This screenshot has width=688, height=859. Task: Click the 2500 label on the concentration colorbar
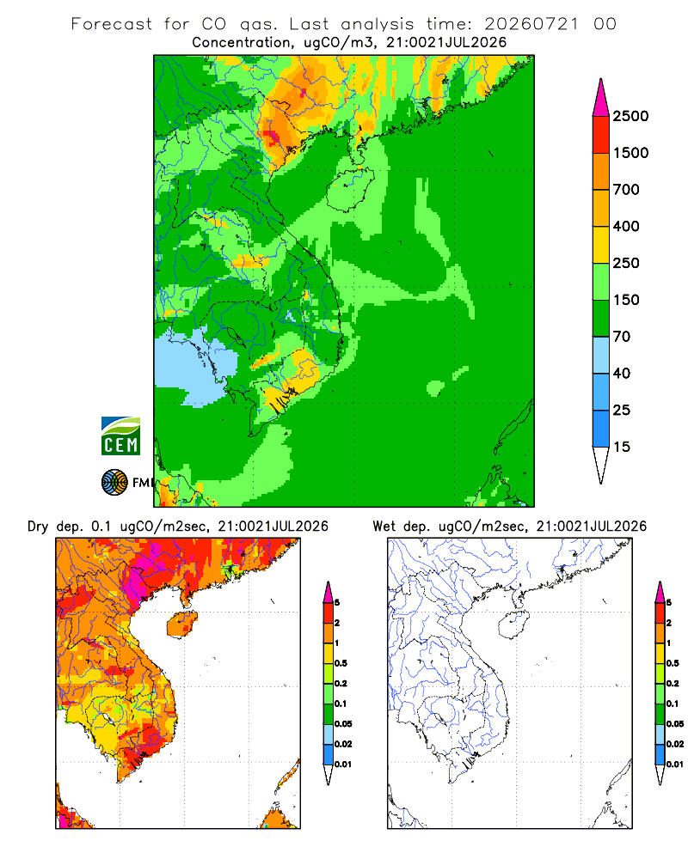[630, 116]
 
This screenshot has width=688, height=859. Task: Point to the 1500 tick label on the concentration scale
[630, 153]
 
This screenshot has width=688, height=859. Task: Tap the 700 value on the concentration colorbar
[626, 190]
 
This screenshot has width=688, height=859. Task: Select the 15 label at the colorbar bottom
[622, 447]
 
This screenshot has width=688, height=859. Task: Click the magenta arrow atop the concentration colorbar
[601, 99]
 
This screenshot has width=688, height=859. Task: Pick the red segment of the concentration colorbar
[601, 135]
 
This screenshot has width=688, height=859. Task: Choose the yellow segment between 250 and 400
[601, 244]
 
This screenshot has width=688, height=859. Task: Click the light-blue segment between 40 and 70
[601, 355]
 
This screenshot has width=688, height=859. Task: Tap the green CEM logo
[120, 436]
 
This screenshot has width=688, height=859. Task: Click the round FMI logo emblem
[114, 483]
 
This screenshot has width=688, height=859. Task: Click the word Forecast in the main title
[112, 24]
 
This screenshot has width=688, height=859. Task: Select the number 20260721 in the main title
[531, 24]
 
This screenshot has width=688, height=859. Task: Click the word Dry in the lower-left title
[38, 527]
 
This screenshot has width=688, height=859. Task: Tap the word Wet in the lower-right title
[384, 527]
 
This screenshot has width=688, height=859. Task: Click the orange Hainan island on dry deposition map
[182, 625]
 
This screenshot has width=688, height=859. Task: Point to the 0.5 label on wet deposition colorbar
[673, 663]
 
